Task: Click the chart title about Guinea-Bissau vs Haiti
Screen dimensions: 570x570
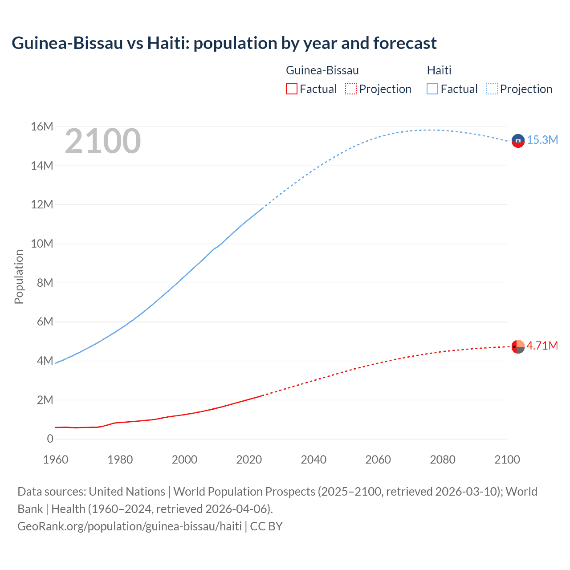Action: tap(224, 43)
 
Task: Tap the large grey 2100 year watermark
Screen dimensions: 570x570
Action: tap(103, 141)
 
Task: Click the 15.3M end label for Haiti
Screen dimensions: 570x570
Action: tap(542, 140)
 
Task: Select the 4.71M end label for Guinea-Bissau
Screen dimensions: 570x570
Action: tap(542, 346)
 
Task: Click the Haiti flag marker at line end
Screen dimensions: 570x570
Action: tap(518, 141)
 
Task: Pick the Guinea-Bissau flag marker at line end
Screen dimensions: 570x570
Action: tap(518, 346)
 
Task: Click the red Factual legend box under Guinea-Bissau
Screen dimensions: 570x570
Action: tap(291, 89)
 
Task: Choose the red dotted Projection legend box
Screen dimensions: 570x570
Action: tap(351, 89)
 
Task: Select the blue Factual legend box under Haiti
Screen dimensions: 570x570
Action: tap(432, 89)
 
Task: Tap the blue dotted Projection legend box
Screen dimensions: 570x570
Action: tap(492, 89)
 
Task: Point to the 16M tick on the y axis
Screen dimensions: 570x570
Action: tap(42, 127)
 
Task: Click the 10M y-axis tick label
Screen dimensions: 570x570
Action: tap(42, 244)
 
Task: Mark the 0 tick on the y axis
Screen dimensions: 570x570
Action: tap(50, 439)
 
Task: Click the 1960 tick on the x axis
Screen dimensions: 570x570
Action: tap(56, 460)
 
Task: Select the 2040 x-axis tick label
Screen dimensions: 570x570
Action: tap(313, 460)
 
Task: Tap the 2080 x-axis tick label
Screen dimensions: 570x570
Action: tap(443, 460)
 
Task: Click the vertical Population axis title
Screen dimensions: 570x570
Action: tap(19, 277)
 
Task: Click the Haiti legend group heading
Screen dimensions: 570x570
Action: tap(439, 70)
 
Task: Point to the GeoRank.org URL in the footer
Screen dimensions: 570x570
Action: tap(130, 526)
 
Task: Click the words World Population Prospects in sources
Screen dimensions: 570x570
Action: tap(244, 491)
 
